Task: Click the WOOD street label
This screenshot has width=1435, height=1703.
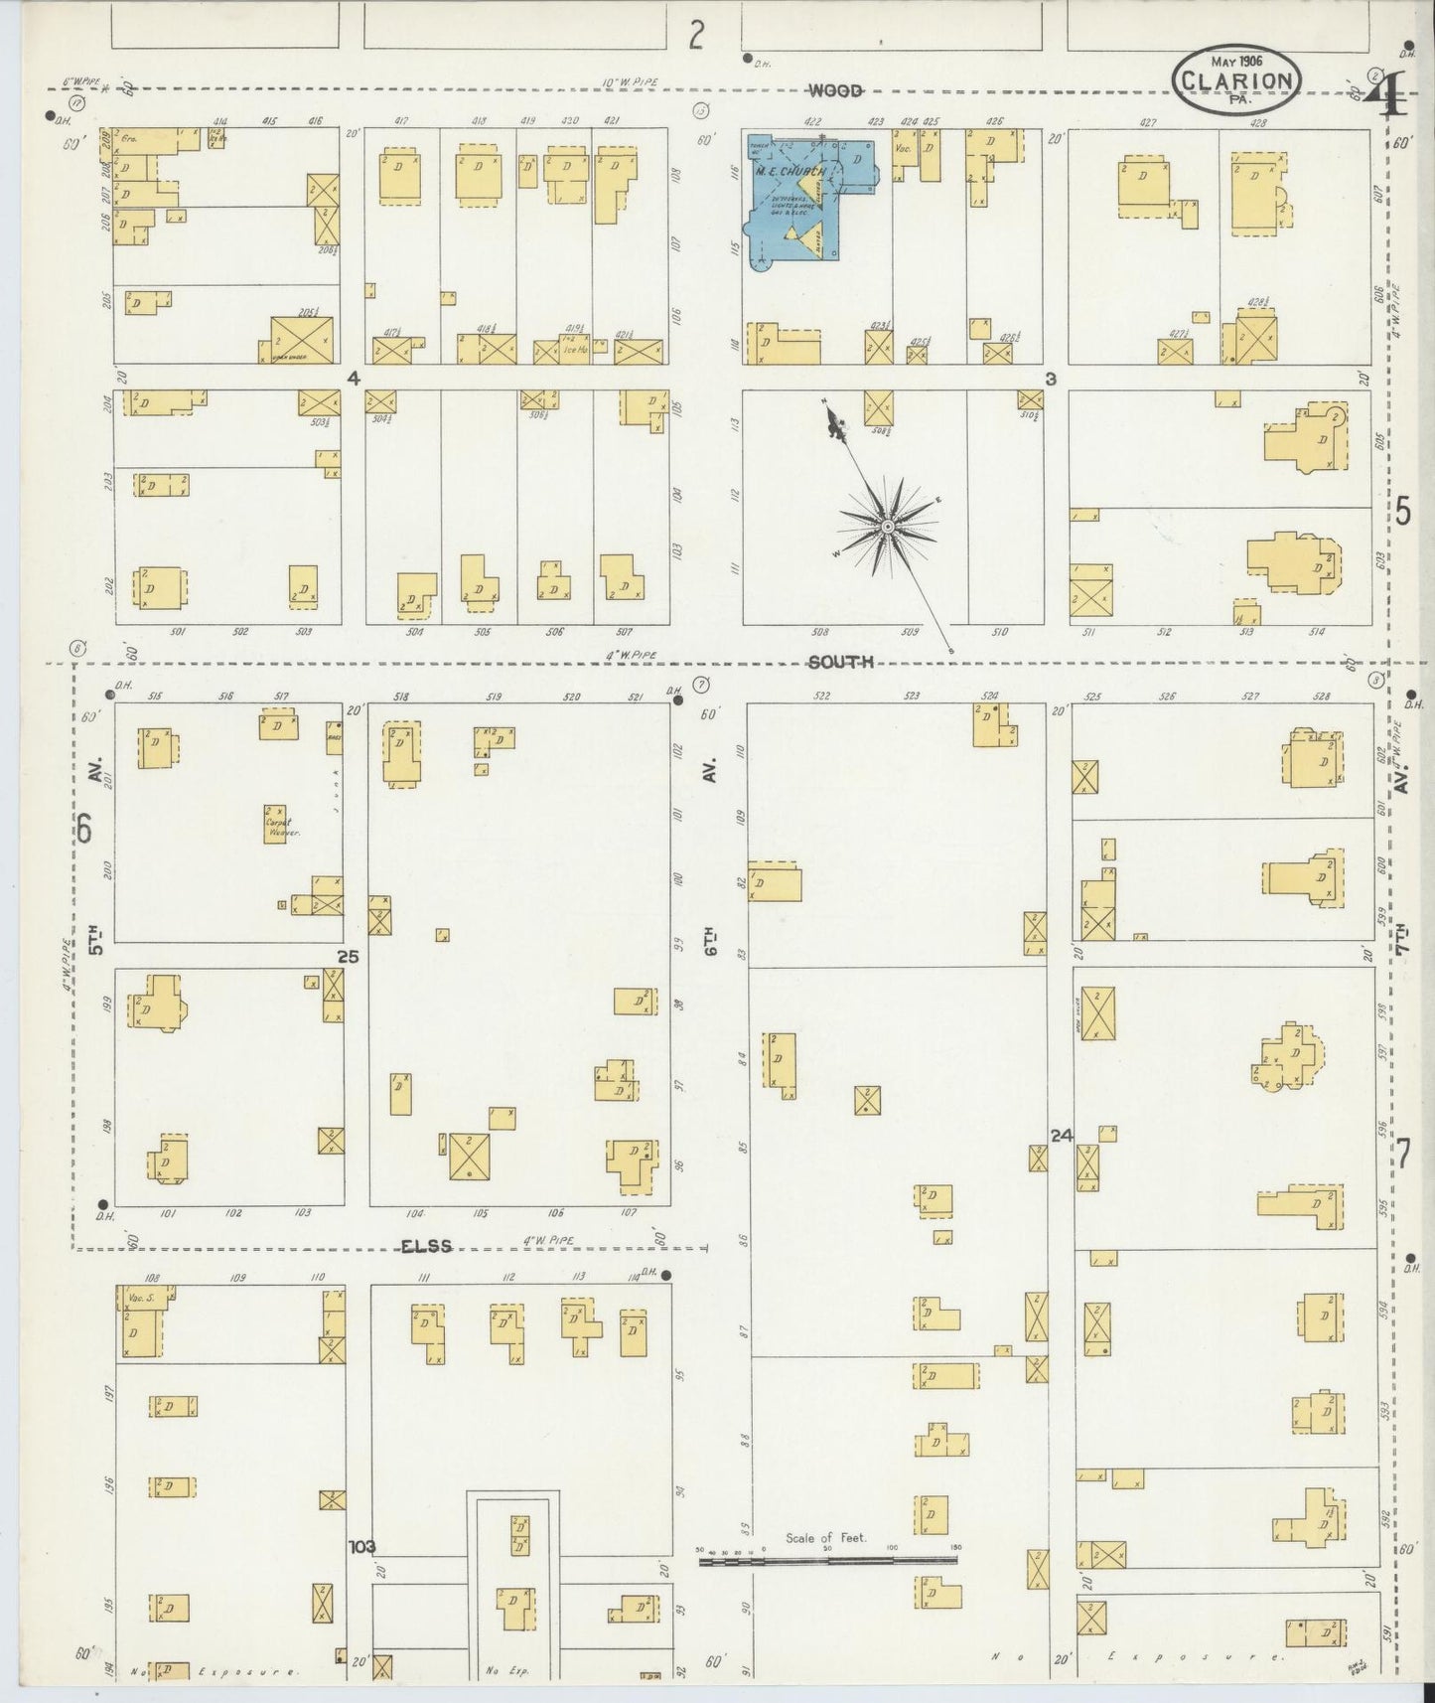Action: [x=835, y=91]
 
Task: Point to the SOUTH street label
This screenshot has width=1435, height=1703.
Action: [x=840, y=662]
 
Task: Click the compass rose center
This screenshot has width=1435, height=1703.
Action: [x=887, y=524]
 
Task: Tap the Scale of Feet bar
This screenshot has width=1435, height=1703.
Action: [x=828, y=1561]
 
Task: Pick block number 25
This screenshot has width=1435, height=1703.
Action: [x=348, y=957]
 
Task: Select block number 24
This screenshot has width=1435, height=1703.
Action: [x=1062, y=1135]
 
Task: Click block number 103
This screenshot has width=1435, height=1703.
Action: [x=362, y=1546]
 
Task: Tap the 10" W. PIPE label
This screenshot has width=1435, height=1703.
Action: [x=629, y=81]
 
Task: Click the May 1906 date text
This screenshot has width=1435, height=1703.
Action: [x=1235, y=62]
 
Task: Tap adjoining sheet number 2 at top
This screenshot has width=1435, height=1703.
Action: [x=697, y=36]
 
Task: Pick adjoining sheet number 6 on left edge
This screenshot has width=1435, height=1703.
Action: [x=85, y=827]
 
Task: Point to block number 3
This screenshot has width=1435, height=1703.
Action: [x=1050, y=379]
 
